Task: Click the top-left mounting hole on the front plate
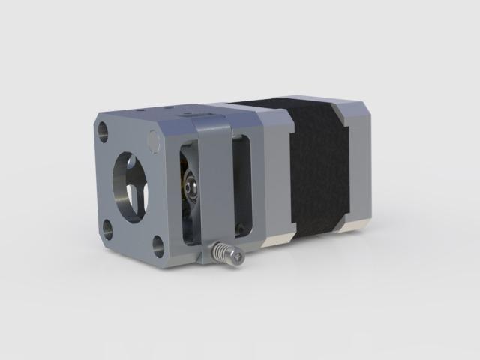103,133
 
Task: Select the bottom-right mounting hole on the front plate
158,244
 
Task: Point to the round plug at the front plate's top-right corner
154,140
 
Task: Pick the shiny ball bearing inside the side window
193,182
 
